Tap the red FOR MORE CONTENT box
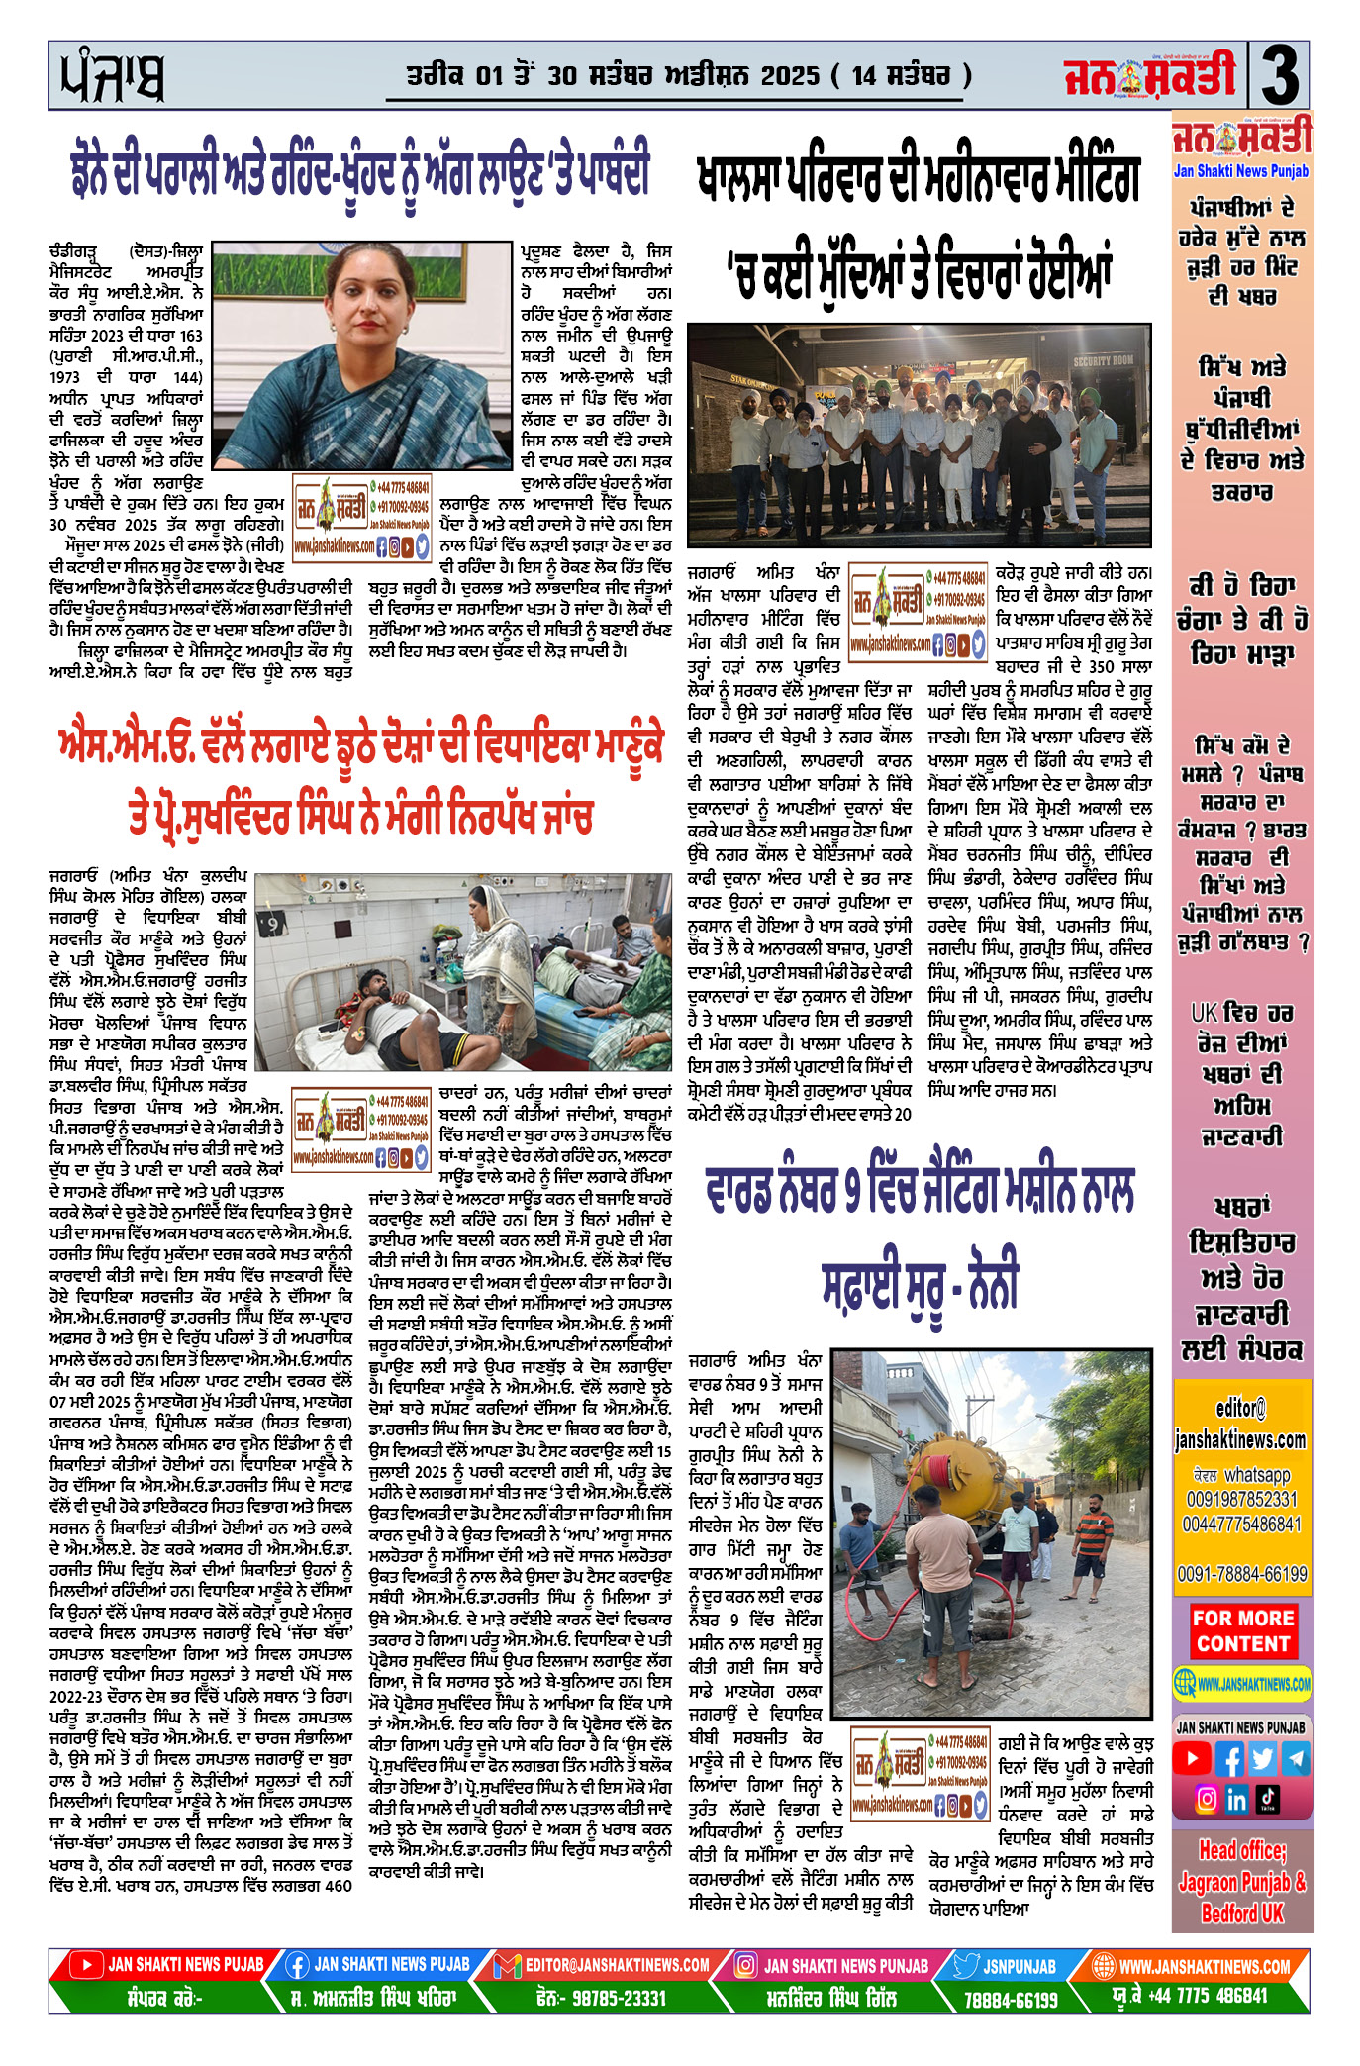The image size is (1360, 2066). pos(1242,1630)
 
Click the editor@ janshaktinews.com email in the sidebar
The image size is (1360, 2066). pos(1241,1424)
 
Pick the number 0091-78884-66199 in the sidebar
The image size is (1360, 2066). pos(1241,1573)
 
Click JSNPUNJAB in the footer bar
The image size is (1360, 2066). pos(1020,1966)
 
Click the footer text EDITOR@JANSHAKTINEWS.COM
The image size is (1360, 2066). pos(617,1965)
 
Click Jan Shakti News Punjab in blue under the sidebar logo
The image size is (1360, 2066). pos(1240,171)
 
